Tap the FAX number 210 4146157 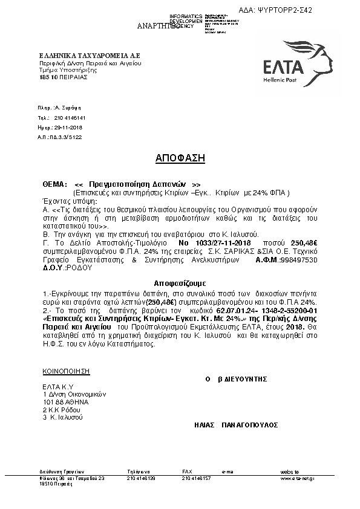[196, 478]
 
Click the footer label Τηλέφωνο [139, 471]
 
